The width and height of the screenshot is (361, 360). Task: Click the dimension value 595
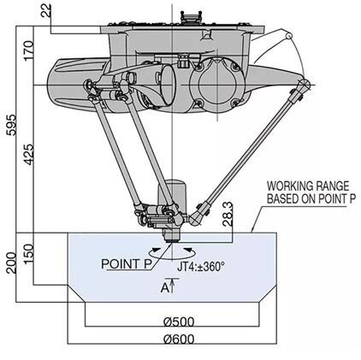point(12,125)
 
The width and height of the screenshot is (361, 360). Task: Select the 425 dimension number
point(29,155)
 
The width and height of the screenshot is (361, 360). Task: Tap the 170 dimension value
point(29,50)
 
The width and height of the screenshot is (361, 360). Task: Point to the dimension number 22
point(46,10)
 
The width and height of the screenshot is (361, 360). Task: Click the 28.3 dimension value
point(228,215)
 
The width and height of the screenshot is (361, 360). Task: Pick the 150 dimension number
point(29,254)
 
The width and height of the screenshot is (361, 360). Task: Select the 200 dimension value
point(12,263)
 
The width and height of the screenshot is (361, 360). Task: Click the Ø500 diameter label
point(179,322)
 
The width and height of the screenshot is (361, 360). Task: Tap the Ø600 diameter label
point(179,339)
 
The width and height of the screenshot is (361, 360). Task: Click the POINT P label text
point(127,264)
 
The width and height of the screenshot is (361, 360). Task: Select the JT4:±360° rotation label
point(201,267)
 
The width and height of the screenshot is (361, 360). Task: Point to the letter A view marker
point(164,288)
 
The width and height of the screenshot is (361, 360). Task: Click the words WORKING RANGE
point(308,186)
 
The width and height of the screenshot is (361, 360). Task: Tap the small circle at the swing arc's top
point(289,36)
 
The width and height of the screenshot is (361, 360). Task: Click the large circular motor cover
point(217,85)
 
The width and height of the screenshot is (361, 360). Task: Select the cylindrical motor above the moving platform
point(173,195)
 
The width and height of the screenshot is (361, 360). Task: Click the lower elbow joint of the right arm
point(196,219)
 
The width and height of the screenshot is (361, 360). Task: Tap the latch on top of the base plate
point(190,17)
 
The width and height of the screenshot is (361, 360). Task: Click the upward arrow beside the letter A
point(173,285)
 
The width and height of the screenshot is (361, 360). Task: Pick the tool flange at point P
point(172,237)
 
